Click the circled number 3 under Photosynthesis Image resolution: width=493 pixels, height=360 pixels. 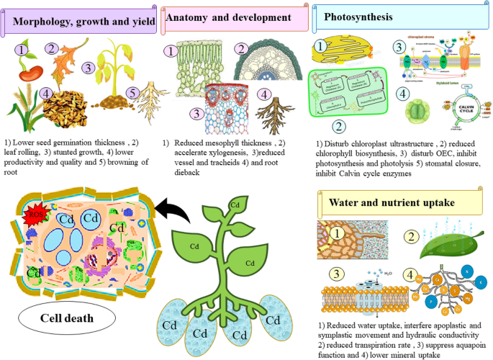pos(398,47)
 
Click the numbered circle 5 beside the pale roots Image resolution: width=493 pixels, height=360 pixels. pos(132,93)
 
